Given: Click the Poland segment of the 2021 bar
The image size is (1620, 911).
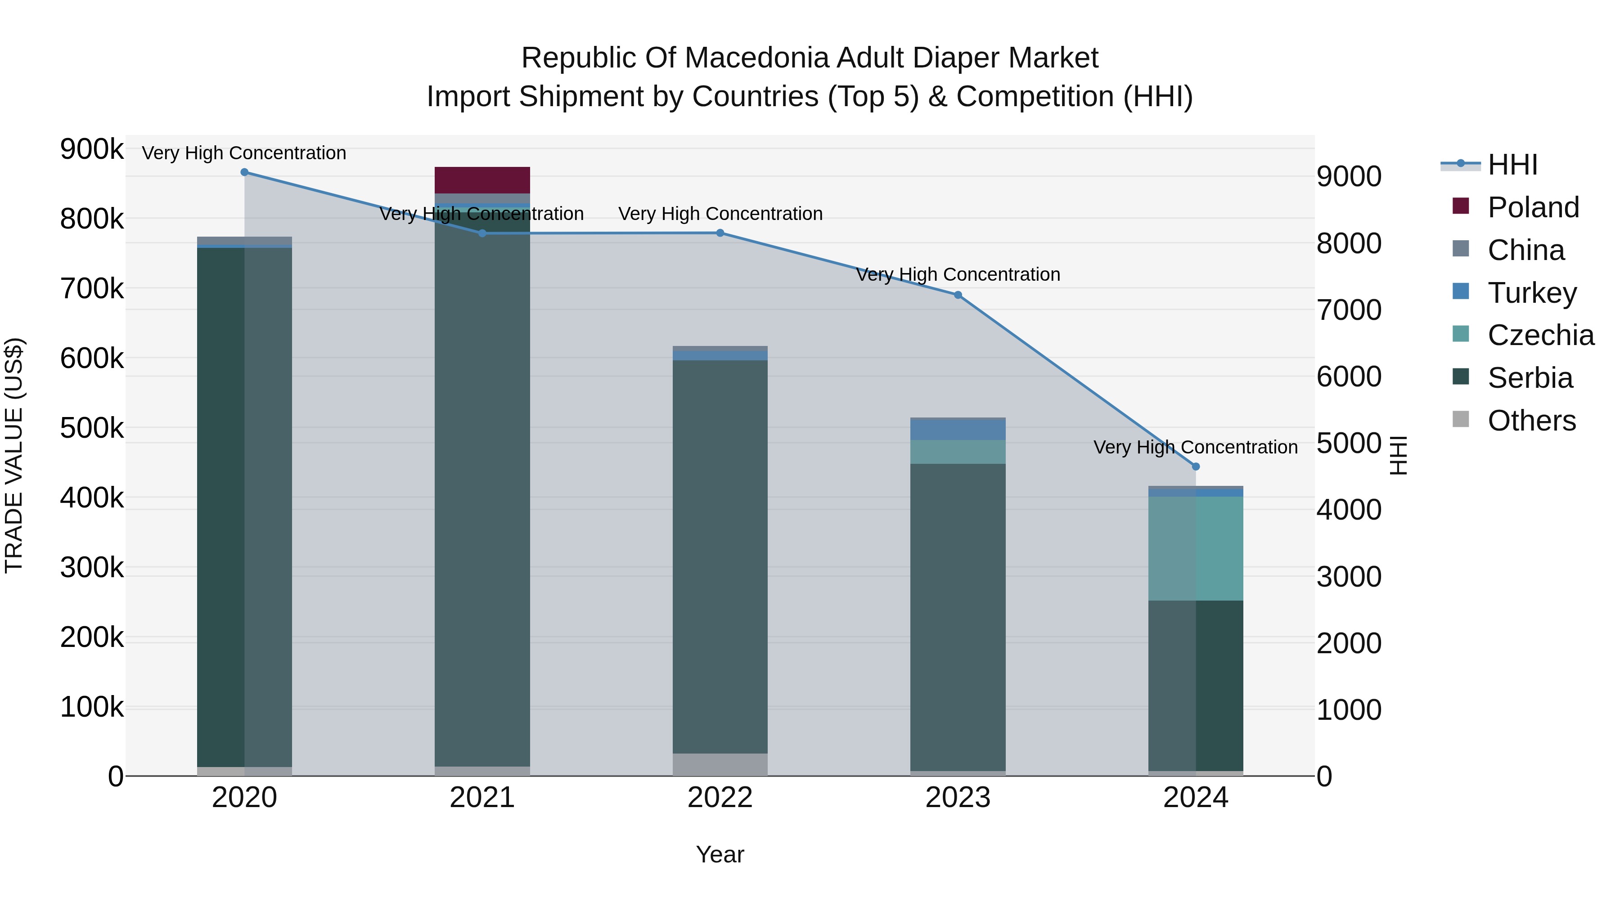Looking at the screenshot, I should click(482, 180).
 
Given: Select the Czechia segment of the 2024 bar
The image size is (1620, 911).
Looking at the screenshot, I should click(1196, 548).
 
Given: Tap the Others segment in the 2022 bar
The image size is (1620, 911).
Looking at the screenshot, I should click(720, 764).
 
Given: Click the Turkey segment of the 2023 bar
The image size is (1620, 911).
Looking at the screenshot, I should click(958, 430).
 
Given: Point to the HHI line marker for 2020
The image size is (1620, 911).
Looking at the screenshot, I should click(245, 172).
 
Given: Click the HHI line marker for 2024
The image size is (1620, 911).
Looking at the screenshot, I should click(1196, 467).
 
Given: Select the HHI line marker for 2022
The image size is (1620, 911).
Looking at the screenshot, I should click(720, 233).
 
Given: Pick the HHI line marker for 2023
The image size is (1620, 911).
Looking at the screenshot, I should click(958, 295).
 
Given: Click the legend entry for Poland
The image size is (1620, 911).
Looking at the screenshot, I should click(1533, 207).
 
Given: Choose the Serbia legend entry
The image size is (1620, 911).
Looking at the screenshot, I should click(1530, 378).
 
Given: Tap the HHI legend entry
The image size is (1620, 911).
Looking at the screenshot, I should click(1512, 165).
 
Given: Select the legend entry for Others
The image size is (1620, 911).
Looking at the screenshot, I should click(1531, 421).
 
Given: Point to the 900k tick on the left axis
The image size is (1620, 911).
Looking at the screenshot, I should click(92, 150).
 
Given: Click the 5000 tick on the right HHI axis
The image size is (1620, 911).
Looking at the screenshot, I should click(1349, 443).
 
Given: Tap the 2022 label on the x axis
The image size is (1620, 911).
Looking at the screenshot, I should click(720, 798).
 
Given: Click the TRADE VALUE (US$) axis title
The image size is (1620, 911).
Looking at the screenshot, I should click(14, 455).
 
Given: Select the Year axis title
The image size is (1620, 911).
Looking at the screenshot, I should click(720, 854).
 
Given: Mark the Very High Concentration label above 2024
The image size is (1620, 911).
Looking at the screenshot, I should click(1196, 447).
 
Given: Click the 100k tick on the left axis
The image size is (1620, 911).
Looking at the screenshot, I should click(92, 707).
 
